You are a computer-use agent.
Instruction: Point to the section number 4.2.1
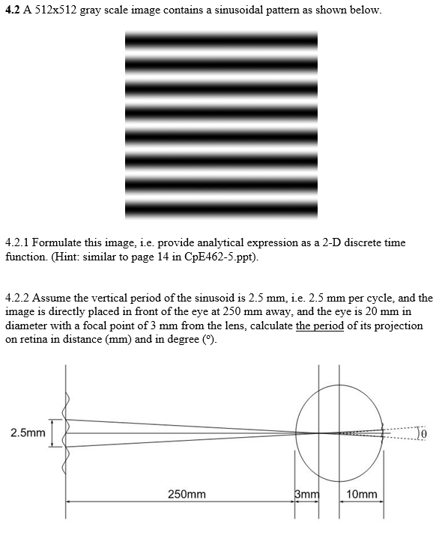pos(17,243)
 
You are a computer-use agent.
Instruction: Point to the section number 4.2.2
pos(17,298)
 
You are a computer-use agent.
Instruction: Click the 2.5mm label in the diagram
pos(27,432)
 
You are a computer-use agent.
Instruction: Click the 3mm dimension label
pos(306,494)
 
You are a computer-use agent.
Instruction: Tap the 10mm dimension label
pos(364,494)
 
